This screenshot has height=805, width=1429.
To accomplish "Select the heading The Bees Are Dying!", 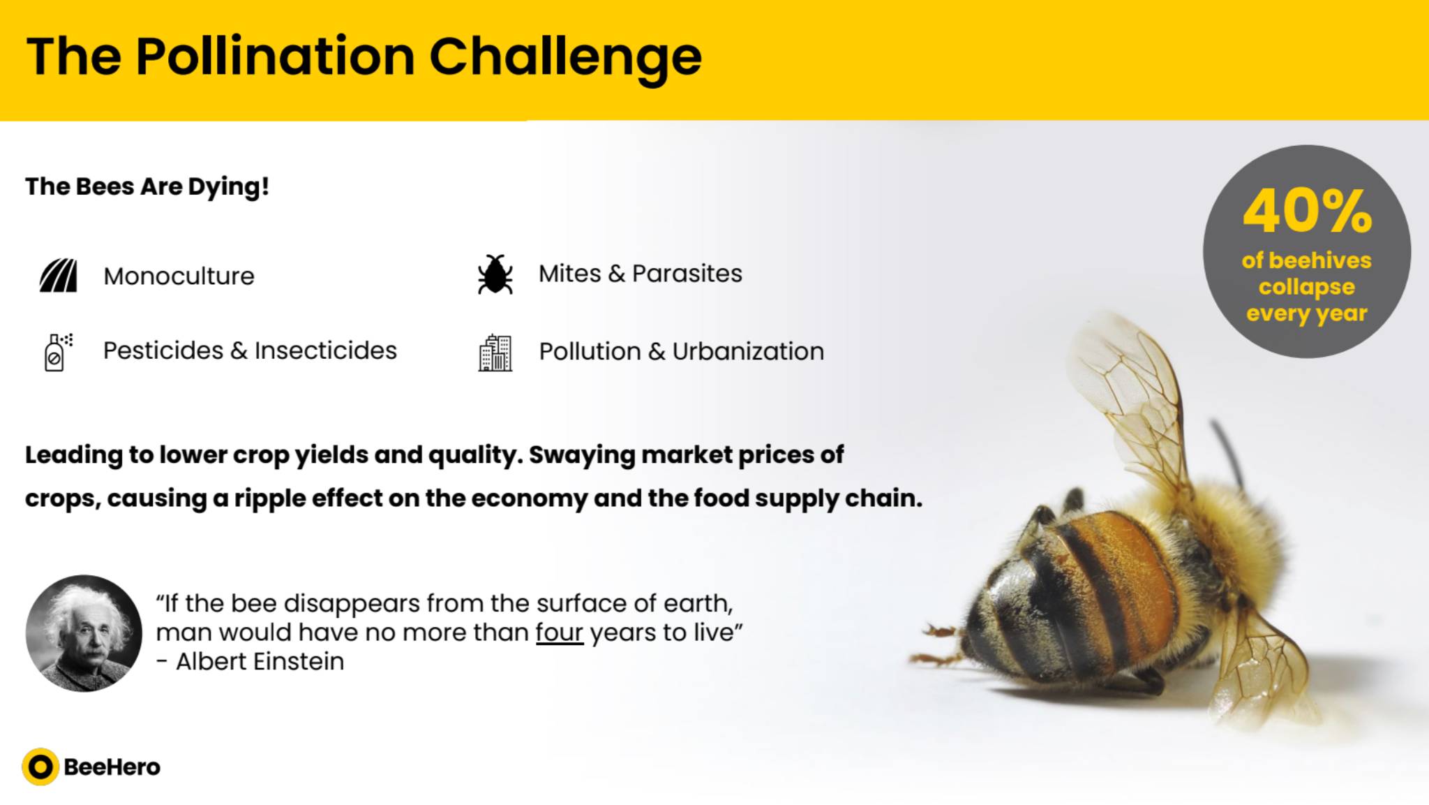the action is coord(147,187).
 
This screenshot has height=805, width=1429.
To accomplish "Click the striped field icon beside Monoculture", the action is coord(58,275).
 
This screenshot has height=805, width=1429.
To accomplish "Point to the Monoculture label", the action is coord(179,276).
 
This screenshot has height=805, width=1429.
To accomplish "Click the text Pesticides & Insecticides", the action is coord(250,350).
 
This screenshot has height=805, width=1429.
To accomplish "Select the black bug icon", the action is coord(495,274).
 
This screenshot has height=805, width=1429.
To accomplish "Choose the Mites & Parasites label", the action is coord(640,273).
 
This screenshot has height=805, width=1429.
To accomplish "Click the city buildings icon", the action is coord(495,353).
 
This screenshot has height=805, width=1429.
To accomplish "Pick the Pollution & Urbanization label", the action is coord(681,351).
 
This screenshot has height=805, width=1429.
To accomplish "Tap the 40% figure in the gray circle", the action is coord(1307,211).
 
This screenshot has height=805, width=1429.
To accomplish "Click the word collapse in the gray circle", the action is coord(1307,287).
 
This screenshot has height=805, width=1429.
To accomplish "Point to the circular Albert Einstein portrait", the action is coord(84,633).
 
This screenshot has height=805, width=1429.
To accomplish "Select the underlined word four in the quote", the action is coord(559,633).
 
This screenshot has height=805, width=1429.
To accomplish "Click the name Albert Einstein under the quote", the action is coord(260,661).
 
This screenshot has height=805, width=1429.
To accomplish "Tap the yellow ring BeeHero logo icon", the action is coord(40,767).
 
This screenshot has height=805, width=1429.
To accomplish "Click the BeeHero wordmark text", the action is coord(112,767).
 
